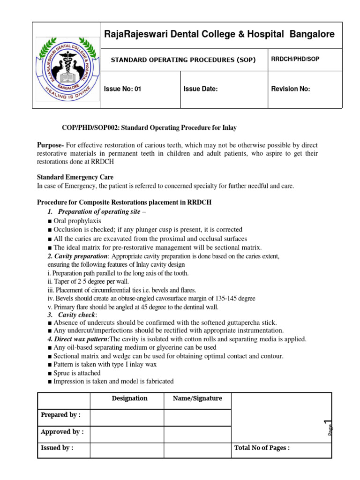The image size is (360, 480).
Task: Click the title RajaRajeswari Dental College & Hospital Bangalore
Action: click(219, 34)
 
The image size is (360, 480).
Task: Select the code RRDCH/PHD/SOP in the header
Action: click(295, 60)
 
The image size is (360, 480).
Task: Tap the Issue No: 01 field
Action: click(122, 89)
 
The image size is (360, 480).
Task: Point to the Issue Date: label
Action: click(201, 89)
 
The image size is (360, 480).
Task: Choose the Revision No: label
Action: click(291, 89)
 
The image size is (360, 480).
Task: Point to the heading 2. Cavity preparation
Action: click(77, 256)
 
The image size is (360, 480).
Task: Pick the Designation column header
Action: click(130, 398)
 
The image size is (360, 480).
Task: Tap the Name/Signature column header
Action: click(197, 398)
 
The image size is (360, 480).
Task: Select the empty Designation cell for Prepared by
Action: click(127, 417)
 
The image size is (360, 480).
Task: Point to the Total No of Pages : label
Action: click(262, 448)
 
